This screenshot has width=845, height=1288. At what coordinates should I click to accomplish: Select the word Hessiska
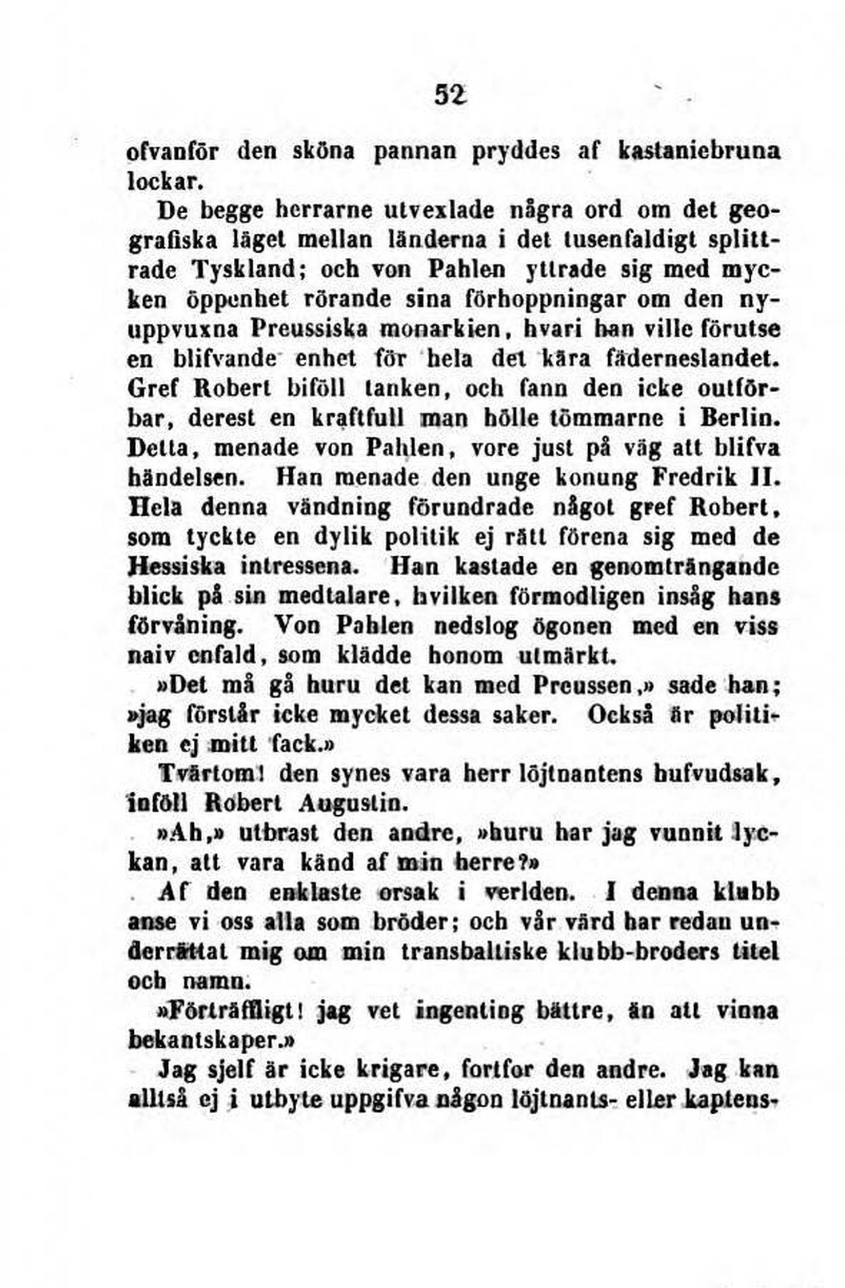(x=177, y=568)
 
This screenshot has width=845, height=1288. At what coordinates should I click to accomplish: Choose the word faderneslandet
(x=691, y=360)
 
